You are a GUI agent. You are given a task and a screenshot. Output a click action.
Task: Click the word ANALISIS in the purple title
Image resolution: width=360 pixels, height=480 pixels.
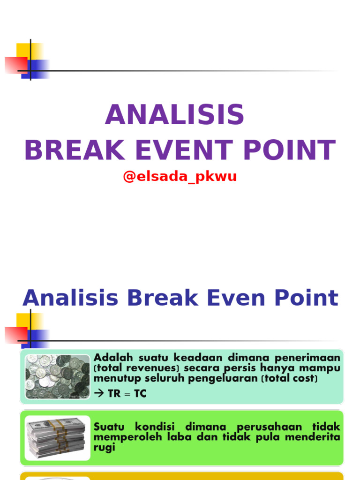pyautogui.click(x=174, y=114)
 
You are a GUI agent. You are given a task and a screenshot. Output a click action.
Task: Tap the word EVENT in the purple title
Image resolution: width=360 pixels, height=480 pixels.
pyautogui.click(x=184, y=150)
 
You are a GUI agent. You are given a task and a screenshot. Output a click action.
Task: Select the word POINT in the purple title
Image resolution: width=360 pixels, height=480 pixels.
pyautogui.click(x=290, y=150)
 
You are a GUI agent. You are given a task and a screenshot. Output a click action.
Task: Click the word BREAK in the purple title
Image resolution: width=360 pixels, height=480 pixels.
pyautogui.click(x=75, y=150)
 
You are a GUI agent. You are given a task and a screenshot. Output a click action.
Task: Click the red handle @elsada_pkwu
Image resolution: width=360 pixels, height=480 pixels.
pyautogui.click(x=180, y=176)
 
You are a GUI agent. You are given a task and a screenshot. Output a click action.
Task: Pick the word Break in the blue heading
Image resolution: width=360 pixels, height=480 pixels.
pyautogui.click(x=162, y=298)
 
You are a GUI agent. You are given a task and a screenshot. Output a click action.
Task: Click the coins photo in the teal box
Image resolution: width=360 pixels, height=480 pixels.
pyautogui.click(x=57, y=376)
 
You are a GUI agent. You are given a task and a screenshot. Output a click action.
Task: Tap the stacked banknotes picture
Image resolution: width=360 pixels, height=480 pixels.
pyautogui.click(x=57, y=438)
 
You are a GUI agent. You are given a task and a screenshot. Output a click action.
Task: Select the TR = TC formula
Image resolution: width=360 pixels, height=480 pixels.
pyautogui.click(x=127, y=393)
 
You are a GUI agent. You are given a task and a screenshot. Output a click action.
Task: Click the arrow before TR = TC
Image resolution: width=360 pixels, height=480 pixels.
pyautogui.click(x=99, y=393)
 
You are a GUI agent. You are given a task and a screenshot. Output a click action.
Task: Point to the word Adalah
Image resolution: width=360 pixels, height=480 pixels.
pyautogui.click(x=113, y=358)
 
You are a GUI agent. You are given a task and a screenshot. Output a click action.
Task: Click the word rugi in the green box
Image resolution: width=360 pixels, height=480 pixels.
pyautogui.click(x=105, y=447)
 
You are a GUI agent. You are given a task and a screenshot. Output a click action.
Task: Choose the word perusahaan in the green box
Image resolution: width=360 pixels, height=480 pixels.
pyautogui.click(x=269, y=427)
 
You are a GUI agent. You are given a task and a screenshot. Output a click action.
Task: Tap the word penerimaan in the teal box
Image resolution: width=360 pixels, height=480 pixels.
pyautogui.click(x=307, y=358)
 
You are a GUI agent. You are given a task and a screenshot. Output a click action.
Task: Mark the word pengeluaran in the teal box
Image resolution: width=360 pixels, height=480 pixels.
pyautogui.click(x=223, y=379)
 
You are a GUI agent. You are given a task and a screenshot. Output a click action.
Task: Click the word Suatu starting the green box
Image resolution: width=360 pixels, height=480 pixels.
pyautogui.click(x=109, y=427)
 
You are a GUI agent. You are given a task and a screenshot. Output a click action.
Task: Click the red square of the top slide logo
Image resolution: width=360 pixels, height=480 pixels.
pyautogui.click(x=16, y=65)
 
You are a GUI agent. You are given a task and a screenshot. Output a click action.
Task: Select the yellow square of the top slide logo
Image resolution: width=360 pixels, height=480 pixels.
pyautogui.click(x=30, y=52)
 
